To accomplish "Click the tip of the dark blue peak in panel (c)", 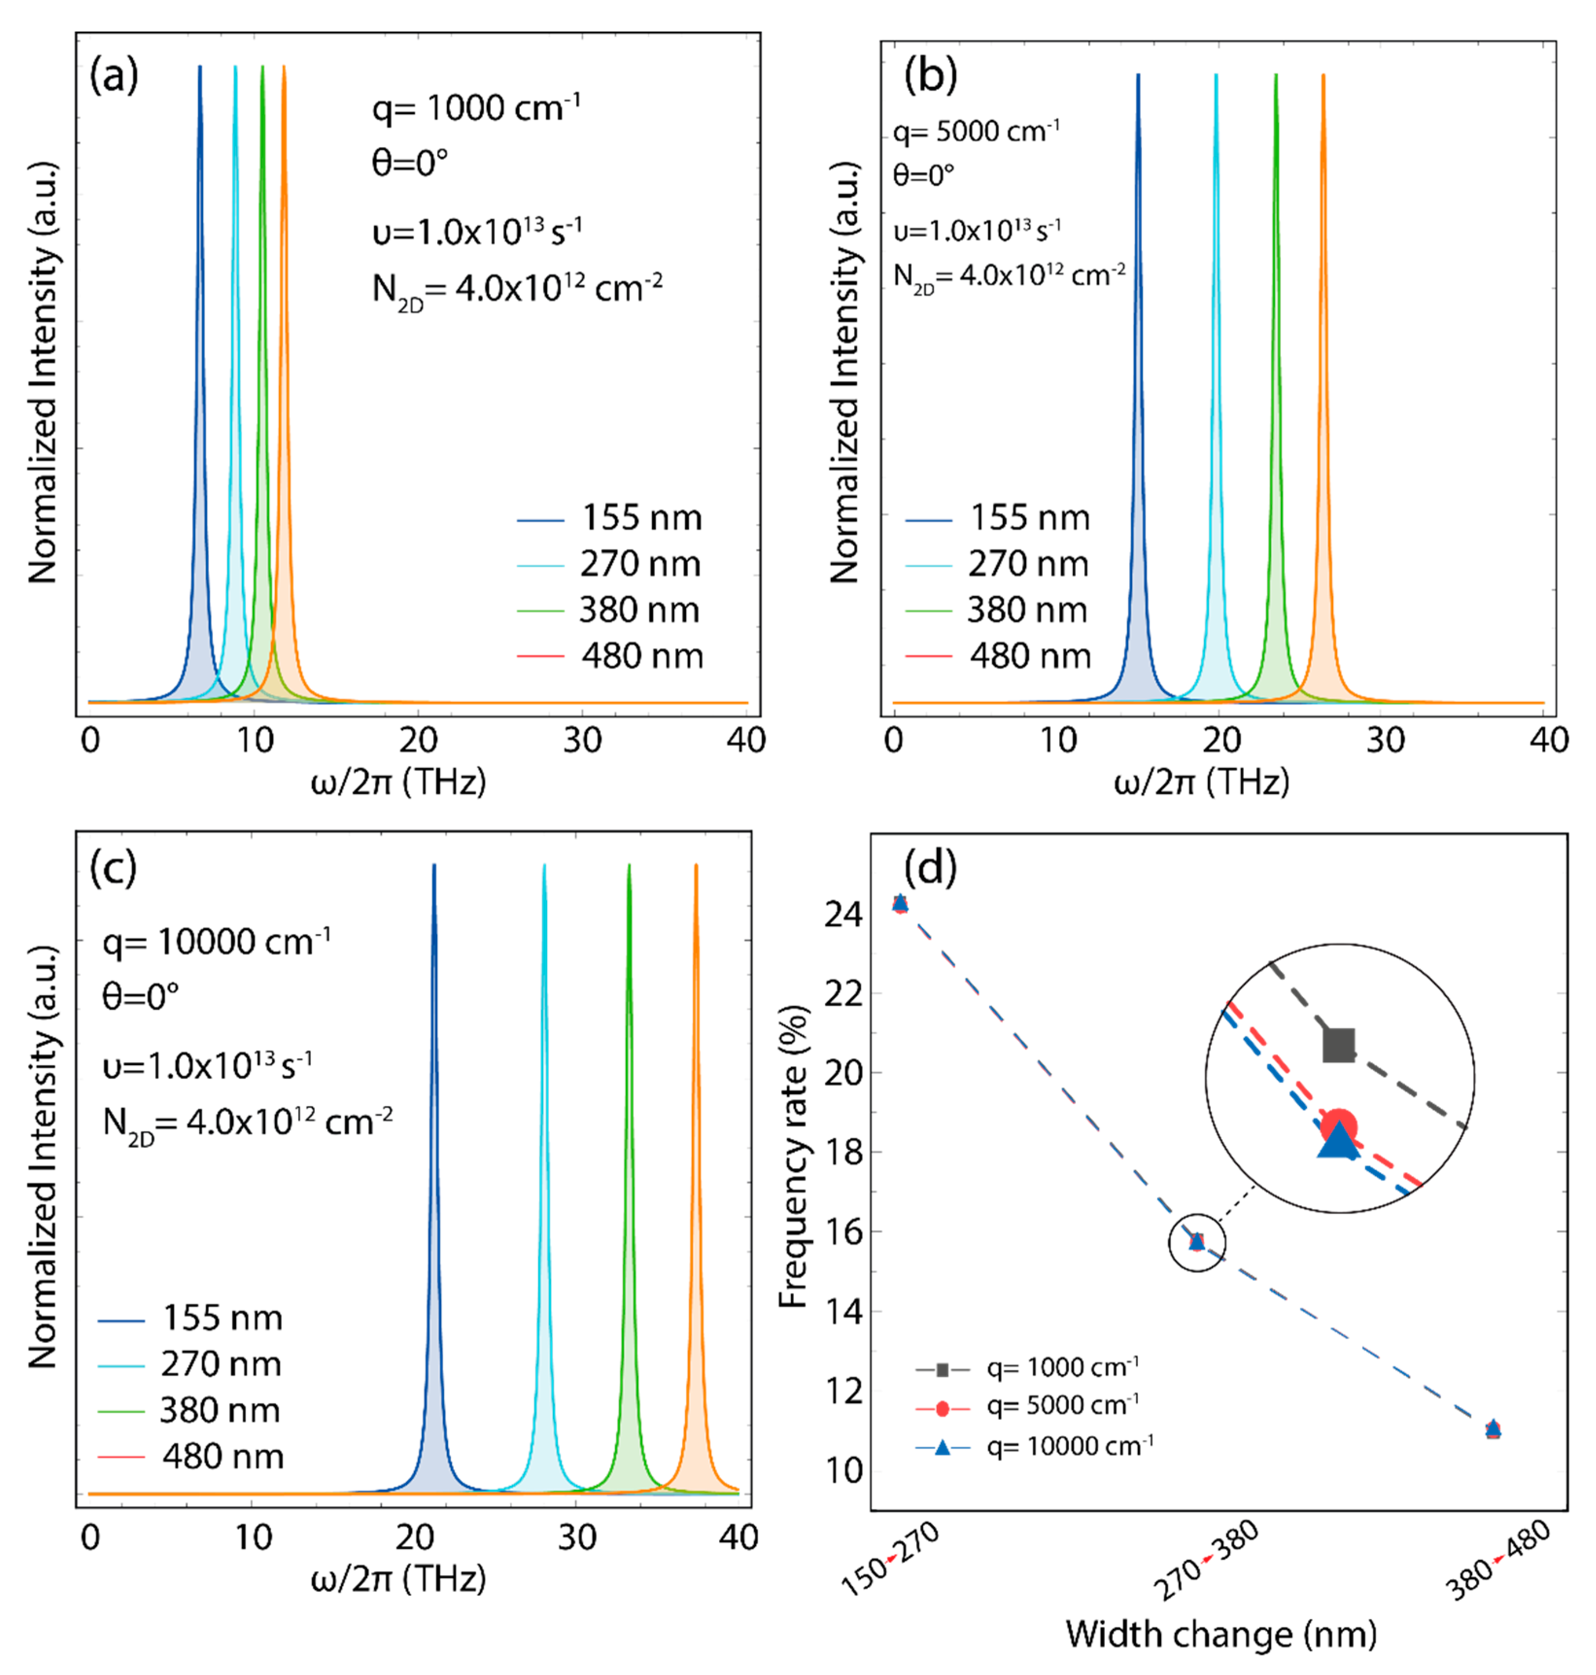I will (x=434, y=866).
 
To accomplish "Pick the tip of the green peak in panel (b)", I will (x=1275, y=76).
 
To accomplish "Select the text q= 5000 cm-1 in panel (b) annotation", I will (x=976, y=131).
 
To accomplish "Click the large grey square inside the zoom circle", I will (x=1339, y=1045).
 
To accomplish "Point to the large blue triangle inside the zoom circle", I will (x=1338, y=1141).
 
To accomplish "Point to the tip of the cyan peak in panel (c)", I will (x=544, y=866).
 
